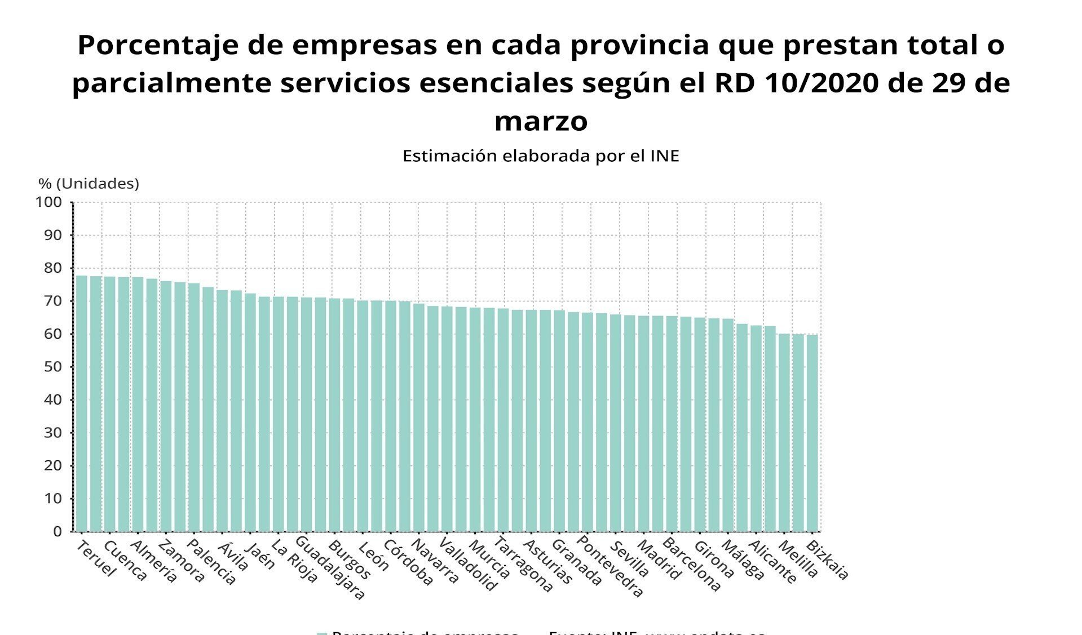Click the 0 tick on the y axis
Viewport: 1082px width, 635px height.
pyautogui.click(x=57, y=531)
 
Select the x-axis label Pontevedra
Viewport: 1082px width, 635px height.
pyautogui.click(x=610, y=569)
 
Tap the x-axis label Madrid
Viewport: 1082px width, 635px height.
pyautogui.click(x=659, y=560)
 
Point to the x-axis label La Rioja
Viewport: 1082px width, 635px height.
pyautogui.click(x=294, y=561)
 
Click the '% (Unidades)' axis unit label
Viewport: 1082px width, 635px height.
pyautogui.click(x=89, y=184)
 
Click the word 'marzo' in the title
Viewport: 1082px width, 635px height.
pyautogui.click(x=541, y=121)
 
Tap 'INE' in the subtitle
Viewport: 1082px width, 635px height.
pyautogui.click(x=665, y=156)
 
